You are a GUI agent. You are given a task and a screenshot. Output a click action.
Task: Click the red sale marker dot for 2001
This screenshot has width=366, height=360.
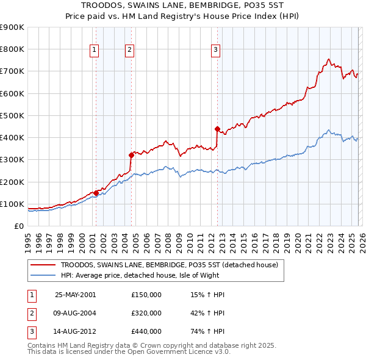(x=96, y=193)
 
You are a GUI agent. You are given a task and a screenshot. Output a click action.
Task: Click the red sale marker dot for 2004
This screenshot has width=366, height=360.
(x=131, y=155)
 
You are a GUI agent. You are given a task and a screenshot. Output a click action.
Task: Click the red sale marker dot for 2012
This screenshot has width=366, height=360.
(x=217, y=129)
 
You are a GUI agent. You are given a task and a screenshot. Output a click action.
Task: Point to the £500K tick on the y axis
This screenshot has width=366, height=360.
(x=12, y=115)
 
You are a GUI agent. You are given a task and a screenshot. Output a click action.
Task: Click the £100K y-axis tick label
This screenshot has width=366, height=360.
(x=12, y=204)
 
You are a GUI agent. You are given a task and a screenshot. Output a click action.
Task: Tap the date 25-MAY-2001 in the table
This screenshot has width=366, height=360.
(x=75, y=295)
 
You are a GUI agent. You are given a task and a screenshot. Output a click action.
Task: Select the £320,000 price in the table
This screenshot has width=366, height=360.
(x=146, y=313)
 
